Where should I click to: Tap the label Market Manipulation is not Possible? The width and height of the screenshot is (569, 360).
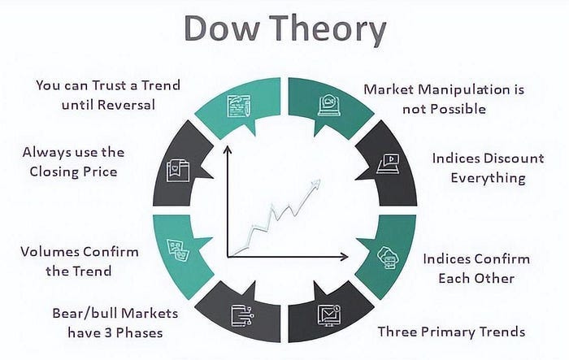point(437,98)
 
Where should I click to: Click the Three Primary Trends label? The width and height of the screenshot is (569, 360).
point(451,332)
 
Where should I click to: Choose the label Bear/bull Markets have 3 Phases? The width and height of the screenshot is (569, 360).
point(115,323)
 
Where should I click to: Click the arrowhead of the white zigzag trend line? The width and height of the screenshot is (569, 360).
point(315,184)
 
